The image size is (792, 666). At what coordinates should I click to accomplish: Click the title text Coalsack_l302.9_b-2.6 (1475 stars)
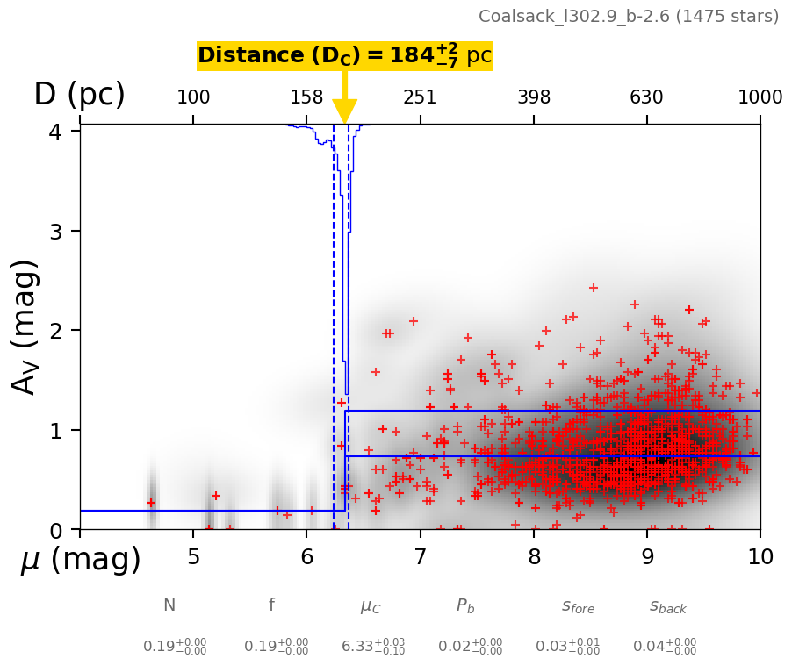tap(628, 17)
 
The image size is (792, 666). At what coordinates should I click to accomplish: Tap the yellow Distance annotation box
tap(344, 55)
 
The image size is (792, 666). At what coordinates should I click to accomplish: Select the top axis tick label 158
tap(306, 97)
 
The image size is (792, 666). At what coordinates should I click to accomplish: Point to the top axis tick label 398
tap(534, 97)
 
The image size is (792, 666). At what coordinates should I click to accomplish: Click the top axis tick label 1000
tap(760, 97)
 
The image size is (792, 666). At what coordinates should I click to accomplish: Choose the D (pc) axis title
tap(79, 95)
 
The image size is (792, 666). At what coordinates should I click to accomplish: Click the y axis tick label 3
tap(61, 232)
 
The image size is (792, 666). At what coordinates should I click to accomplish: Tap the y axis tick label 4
tap(61, 132)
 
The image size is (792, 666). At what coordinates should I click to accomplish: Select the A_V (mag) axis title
tap(25, 326)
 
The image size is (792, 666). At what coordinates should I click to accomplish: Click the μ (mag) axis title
tap(81, 560)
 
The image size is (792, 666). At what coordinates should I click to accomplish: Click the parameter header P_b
tap(465, 606)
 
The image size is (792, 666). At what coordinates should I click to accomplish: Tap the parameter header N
tap(169, 605)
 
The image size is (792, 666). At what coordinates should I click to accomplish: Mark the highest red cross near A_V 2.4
tap(594, 288)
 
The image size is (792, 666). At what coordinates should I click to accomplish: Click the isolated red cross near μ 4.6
tap(151, 503)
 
